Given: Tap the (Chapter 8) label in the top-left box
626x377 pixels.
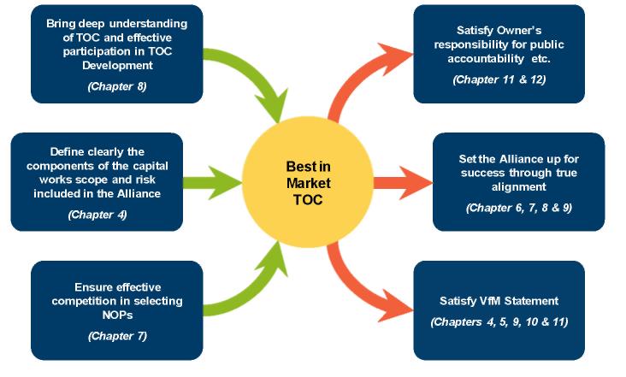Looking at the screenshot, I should pyautogui.click(x=116, y=85).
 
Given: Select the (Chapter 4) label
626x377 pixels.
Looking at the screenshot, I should pyautogui.click(x=97, y=215).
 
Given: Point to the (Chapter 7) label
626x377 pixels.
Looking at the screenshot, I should pyautogui.click(x=117, y=335).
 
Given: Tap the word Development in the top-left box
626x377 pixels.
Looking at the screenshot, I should pyautogui.click(x=116, y=65).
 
